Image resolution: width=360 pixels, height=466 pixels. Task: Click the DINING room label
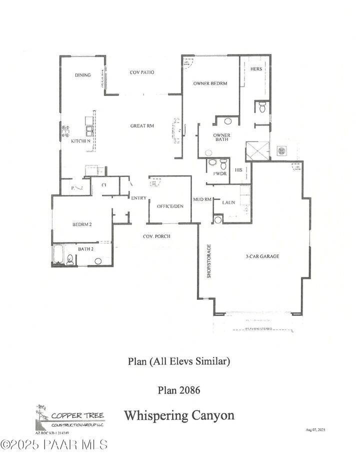pyautogui.click(x=83, y=75)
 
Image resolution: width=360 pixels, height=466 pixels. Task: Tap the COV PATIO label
pyautogui.click(x=142, y=72)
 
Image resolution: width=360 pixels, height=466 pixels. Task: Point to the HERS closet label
pyautogui.click(x=256, y=69)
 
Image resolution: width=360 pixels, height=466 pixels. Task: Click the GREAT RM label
pyautogui.click(x=142, y=126)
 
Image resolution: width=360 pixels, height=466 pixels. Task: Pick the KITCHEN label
pyautogui.click(x=80, y=141)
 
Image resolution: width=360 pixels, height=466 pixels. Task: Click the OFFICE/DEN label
pyautogui.click(x=169, y=206)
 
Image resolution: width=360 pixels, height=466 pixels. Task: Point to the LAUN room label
pyautogui.click(x=229, y=202)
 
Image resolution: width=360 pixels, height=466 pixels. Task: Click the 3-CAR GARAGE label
pyautogui.click(x=262, y=256)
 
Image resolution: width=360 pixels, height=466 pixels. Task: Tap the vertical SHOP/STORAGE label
pyautogui.click(x=209, y=261)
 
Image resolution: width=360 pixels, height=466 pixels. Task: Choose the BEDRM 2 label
pyautogui.click(x=81, y=224)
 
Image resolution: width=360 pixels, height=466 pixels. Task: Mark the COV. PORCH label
pyautogui.click(x=155, y=236)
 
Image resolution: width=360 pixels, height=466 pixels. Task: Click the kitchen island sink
pyautogui.click(x=89, y=130)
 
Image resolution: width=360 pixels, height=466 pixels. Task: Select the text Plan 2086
pyautogui.click(x=179, y=389)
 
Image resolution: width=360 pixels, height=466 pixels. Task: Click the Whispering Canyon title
pyautogui.click(x=179, y=415)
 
